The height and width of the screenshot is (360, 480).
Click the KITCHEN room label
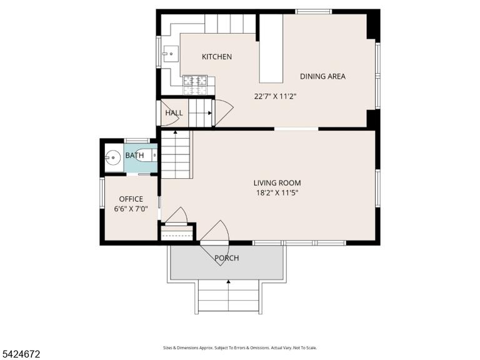click(x=217, y=57)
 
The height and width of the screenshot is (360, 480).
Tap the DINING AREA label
click(x=322, y=76)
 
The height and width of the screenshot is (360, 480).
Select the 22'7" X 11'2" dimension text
click(x=276, y=96)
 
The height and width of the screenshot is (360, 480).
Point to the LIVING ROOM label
click(x=277, y=182)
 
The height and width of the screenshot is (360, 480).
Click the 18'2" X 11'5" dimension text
click(x=277, y=193)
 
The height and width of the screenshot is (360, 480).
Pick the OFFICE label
click(x=131, y=199)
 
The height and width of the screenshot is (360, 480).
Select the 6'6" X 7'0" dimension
click(x=131, y=209)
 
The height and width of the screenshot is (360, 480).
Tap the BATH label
click(x=134, y=156)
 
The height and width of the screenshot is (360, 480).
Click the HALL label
click(x=174, y=113)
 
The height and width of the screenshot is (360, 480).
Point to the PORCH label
click(x=226, y=258)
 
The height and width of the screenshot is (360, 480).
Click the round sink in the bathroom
click(x=113, y=157)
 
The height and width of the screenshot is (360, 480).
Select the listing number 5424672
click(x=20, y=354)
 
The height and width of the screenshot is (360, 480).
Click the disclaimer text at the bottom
click(x=240, y=347)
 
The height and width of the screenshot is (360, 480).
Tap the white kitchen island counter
click(x=271, y=48)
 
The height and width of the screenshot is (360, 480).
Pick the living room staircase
click(x=176, y=154)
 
